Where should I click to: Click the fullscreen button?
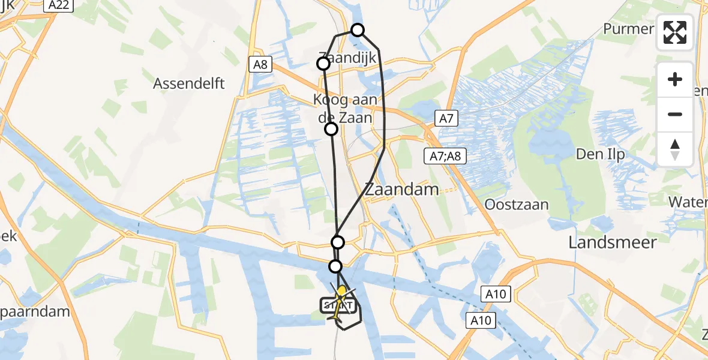(x=675, y=32)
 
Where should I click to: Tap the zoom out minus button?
(x=675, y=114)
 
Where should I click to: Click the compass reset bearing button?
(x=675, y=149)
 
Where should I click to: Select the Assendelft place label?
(x=189, y=83)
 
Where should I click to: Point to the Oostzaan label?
(x=517, y=205)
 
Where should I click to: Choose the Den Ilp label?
(x=601, y=154)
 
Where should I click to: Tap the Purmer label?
(x=629, y=29)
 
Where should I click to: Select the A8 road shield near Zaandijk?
(x=260, y=64)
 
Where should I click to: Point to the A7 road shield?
(x=446, y=119)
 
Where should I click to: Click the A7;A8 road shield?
(x=444, y=157)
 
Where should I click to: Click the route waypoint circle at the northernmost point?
(x=358, y=30)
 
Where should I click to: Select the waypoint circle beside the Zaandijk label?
(x=323, y=64)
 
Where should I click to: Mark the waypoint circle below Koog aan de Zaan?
(x=331, y=128)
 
